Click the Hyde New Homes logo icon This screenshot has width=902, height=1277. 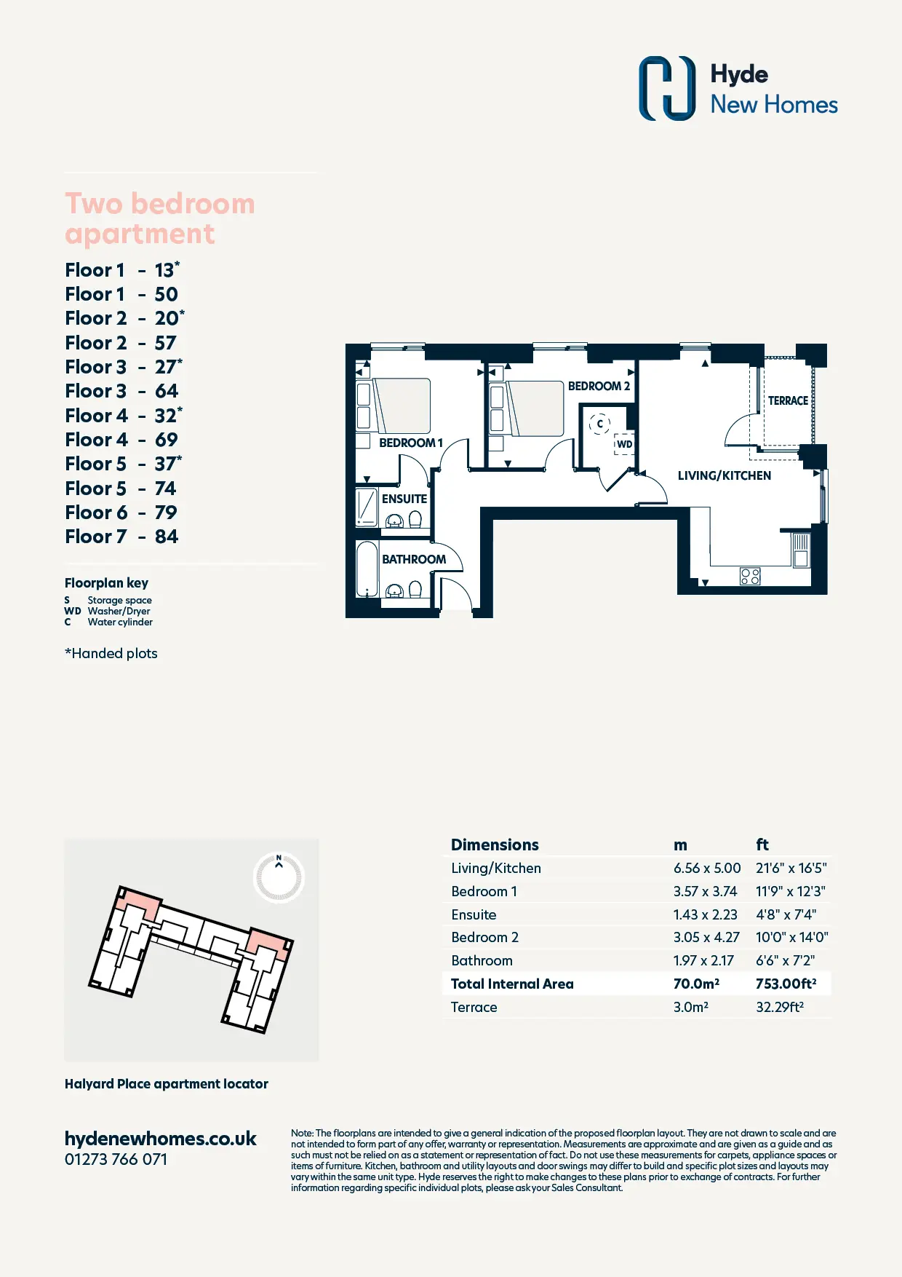[x=667, y=88]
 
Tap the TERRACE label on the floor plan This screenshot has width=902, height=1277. [x=788, y=401]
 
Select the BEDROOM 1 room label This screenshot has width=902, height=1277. [x=411, y=443]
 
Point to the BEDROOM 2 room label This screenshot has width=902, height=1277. [x=599, y=386]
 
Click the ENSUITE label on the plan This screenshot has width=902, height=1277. [x=404, y=499]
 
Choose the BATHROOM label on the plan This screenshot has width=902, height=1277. [x=414, y=559]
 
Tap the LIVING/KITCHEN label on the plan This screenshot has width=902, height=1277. [x=725, y=475]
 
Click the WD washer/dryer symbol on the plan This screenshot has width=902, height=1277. [x=624, y=444]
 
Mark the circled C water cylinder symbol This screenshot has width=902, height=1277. [x=599, y=423]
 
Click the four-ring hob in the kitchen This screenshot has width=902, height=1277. [x=750, y=577]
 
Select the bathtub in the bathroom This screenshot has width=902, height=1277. [x=367, y=569]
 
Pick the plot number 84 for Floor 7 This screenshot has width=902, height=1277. [x=167, y=537]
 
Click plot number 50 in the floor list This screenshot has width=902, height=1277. [x=167, y=294]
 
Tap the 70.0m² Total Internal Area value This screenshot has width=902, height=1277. [x=696, y=984]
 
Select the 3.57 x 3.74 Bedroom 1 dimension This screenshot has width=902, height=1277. [x=705, y=891]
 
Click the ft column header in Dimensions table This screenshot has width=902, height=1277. [x=762, y=845]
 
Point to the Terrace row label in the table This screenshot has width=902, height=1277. [x=474, y=1007]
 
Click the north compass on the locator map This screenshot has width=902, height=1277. [x=279, y=877]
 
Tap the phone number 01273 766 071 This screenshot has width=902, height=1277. [x=116, y=1159]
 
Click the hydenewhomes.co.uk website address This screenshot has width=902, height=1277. [x=161, y=1139]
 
